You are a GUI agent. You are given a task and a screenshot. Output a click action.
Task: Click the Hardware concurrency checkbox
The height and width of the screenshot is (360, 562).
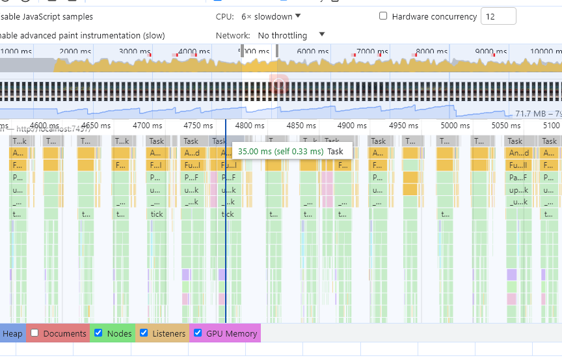point(383,16)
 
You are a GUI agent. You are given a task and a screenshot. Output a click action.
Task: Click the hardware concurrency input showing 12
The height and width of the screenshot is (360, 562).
point(498,16)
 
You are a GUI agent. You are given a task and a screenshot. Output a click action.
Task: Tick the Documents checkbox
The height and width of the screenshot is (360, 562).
point(36,333)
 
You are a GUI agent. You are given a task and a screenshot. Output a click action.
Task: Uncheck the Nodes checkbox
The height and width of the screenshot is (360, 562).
point(98,333)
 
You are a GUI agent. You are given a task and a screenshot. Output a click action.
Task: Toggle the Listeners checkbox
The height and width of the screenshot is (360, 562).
point(144,333)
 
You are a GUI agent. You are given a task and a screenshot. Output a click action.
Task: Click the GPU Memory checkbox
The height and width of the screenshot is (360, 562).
point(198,333)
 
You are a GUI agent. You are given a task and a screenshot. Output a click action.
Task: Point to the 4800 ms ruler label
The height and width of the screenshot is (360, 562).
point(249,126)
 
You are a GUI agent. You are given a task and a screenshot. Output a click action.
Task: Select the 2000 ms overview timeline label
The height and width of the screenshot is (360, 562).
point(76,51)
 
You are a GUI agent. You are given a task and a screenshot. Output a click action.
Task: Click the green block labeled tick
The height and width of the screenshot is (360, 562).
point(157,214)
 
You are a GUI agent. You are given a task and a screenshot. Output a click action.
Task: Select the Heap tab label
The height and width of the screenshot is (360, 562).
point(12,333)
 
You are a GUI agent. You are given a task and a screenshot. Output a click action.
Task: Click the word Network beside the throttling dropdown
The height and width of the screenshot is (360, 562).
point(233,35)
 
